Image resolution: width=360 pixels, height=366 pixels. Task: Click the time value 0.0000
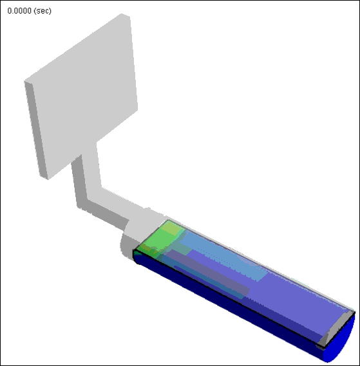pos(19,11)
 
